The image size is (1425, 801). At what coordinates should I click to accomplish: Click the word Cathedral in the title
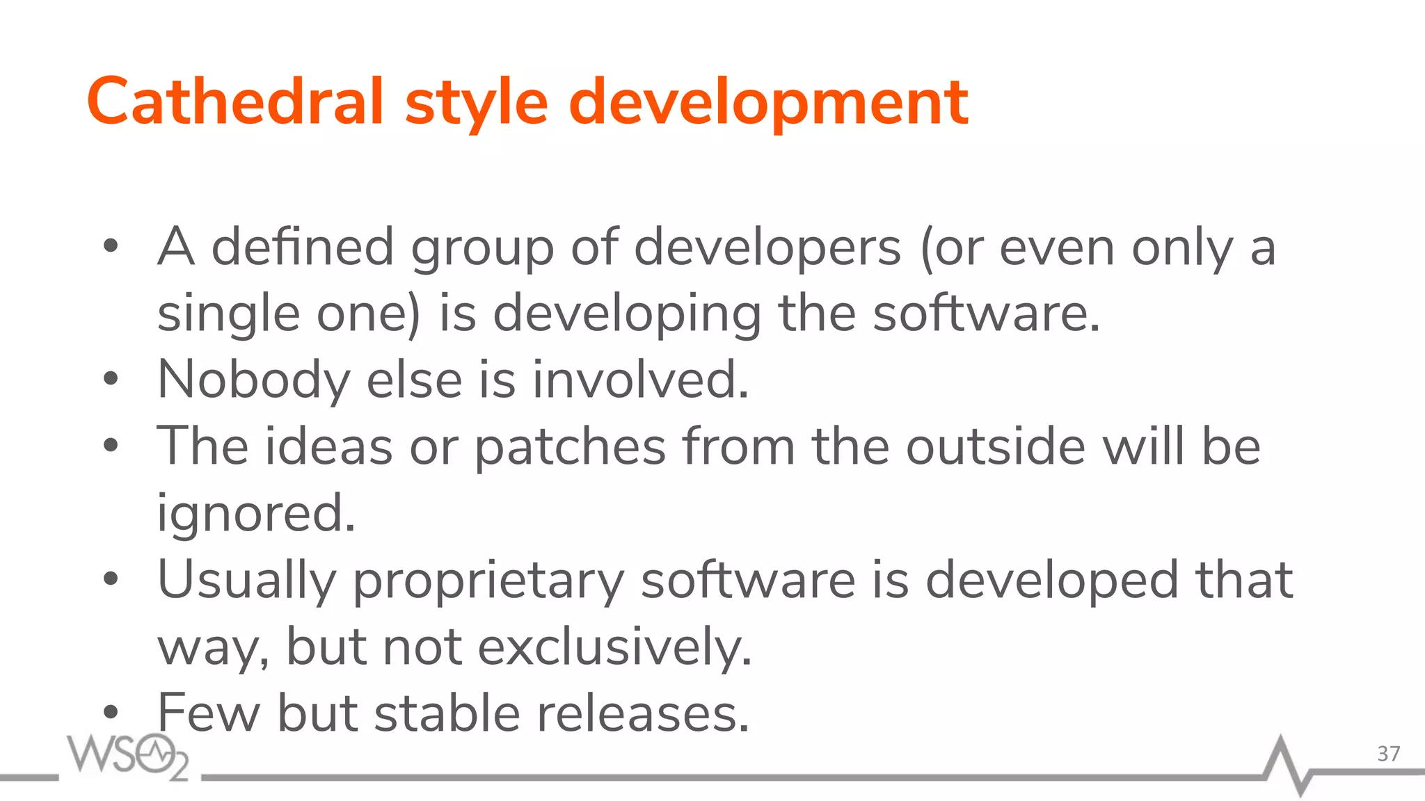235,102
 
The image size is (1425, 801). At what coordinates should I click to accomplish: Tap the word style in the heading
477,104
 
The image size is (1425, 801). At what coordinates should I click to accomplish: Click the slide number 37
1388,754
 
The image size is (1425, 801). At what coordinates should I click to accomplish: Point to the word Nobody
254,380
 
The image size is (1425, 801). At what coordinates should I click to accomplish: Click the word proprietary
488,581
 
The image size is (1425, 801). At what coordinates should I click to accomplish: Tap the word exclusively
615,647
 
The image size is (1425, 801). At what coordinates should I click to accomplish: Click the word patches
571,446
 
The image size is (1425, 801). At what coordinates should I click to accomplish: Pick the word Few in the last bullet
208,713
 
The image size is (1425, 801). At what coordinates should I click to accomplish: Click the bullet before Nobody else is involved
111,380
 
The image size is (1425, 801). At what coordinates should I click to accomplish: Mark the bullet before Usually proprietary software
111,579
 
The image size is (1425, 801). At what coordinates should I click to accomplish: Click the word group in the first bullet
482,249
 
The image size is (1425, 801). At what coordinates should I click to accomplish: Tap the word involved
640,380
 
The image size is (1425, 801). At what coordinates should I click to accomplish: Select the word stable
447,713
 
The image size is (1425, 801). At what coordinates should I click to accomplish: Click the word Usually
247,581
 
